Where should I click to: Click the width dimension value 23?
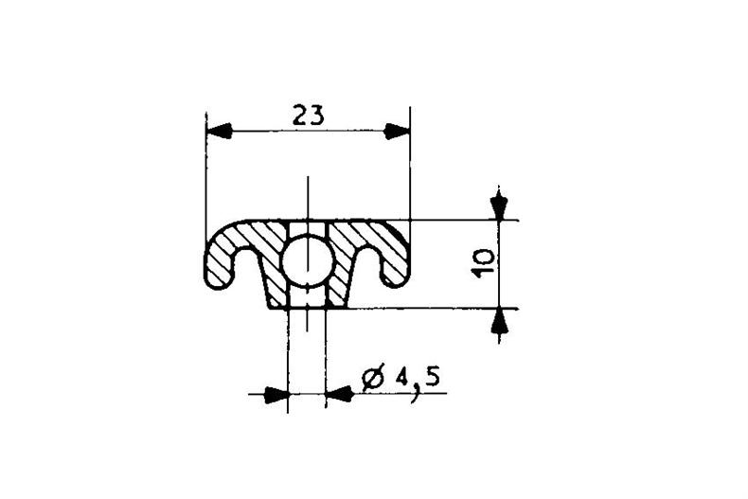click(308, 116)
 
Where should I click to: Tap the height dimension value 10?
click(482, 263)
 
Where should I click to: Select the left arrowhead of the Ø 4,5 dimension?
click(276, 394)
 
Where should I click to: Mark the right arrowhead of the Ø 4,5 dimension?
click(338, 394)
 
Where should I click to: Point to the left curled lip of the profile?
click(215, 260)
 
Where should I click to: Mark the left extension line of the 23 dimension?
click(205, 170)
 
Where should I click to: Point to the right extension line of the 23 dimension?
click(410, 170)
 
